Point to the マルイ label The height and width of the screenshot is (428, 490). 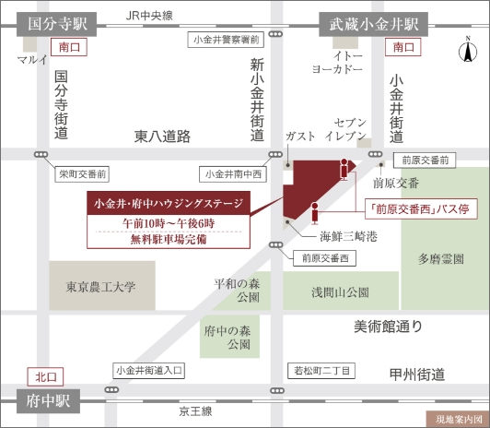pos(32,61)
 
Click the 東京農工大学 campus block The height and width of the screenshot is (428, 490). pos(101,286)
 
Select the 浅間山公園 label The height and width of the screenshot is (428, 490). pos(340,291)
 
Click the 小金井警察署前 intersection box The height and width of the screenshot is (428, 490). pos(226,40)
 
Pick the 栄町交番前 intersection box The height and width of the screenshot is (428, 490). pos(83,172)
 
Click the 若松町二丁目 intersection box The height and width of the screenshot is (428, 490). pos(321,371)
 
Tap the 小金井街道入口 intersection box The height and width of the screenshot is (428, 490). pos(150,371)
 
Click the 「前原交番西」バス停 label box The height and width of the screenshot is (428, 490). pos(417,208)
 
